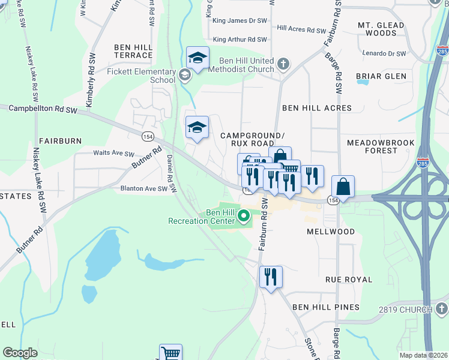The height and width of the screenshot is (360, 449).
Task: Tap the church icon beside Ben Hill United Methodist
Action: (283, 62)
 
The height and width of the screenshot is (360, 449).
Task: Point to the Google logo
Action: (20, 353)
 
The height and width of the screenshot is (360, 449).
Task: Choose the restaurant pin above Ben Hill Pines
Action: (270, 277)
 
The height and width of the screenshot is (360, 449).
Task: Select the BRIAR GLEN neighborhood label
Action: (381, 76)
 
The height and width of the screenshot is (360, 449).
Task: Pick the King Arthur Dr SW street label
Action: (240, 40)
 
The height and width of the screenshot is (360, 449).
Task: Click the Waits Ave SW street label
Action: (113, 153)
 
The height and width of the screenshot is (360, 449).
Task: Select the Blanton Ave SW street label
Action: (143, 188)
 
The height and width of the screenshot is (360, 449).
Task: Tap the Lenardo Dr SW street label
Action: (384, 53)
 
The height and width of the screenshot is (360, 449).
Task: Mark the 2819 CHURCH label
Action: (405, 310)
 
